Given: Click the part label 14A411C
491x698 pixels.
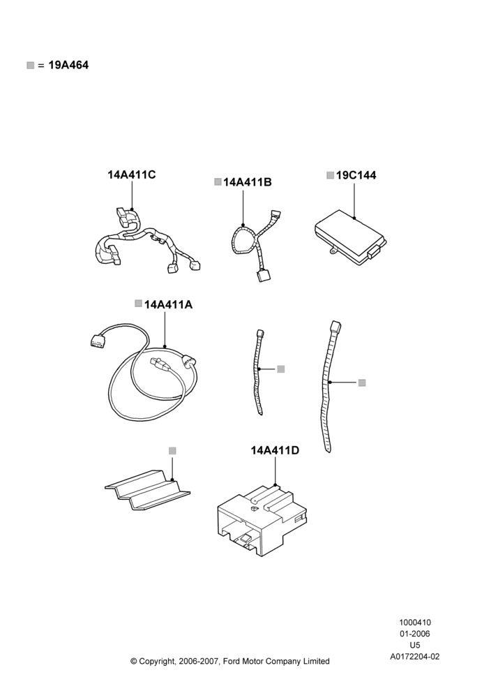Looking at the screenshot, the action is coord(132,174).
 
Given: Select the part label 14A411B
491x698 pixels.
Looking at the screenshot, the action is coord(248,182).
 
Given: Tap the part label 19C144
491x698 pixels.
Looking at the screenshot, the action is coord(356,175).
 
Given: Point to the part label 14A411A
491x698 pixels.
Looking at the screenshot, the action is coord(169,304).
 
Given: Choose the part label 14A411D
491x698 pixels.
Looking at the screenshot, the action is coord(275,450).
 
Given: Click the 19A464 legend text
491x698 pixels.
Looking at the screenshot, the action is coord(68,65).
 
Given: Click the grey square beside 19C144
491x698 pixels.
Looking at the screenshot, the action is coord(330,175).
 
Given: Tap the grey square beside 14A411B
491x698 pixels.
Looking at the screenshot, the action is coord(218,181).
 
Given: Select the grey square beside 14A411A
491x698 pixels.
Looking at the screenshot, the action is coord(138,304).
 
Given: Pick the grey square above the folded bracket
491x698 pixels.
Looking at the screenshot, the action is coord(172,451).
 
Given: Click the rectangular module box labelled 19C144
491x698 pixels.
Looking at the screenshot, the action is coord(350,236).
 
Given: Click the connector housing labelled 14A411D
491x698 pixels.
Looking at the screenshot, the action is coord(263,521).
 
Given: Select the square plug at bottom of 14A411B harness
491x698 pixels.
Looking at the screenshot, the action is coord(262,276).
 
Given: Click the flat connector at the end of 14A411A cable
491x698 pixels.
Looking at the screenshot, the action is coord(96,341).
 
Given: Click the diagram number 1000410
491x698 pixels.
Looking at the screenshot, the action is coord(415,623).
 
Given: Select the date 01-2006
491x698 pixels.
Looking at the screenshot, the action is coord(415,634).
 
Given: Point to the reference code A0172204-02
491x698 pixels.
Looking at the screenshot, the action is coord(415,657).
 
